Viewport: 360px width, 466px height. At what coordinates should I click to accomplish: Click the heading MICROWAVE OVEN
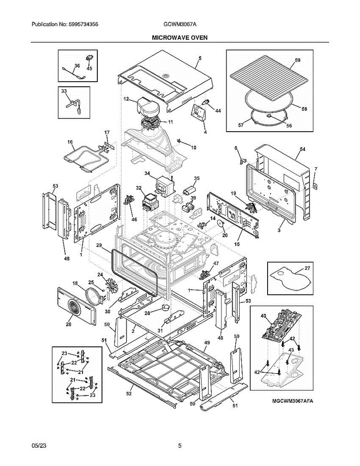(x=179, y=38)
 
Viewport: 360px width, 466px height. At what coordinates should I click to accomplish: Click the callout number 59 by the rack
(x=297, y=60)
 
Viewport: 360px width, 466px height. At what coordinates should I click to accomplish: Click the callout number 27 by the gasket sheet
(x=307, y=268)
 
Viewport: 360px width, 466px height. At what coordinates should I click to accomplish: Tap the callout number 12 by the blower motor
(x=126, y=99)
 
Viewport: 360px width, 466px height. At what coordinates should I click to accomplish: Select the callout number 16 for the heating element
(x=70, y=143)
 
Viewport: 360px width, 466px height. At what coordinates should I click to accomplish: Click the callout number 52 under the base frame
(x=129, y=393)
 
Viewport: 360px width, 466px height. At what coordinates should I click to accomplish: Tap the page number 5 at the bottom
(x=180, y=446)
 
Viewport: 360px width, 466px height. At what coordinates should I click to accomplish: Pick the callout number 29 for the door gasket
(x=99, y=245)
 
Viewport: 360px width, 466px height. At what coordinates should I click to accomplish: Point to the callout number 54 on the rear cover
(x=303, y=149)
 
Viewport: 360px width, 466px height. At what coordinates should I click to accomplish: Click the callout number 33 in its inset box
(x=64, y=90)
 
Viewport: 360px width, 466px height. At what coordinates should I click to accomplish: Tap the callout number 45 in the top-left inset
(x=89, y=68)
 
